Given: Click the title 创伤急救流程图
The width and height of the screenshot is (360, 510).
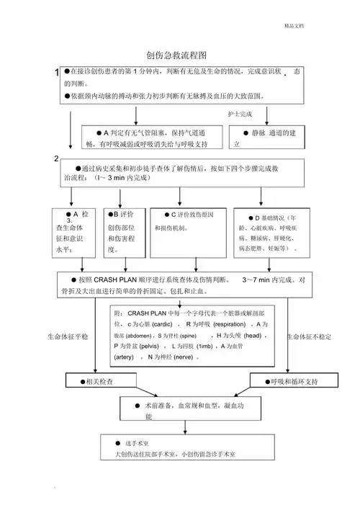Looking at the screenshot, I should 176,55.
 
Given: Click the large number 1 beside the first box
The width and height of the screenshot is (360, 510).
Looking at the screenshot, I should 56,73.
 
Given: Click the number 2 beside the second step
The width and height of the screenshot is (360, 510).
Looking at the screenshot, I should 56,158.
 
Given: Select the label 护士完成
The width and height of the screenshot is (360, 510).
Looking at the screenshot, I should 240,114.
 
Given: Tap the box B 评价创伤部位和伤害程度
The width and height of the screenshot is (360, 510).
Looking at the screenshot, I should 126,232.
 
